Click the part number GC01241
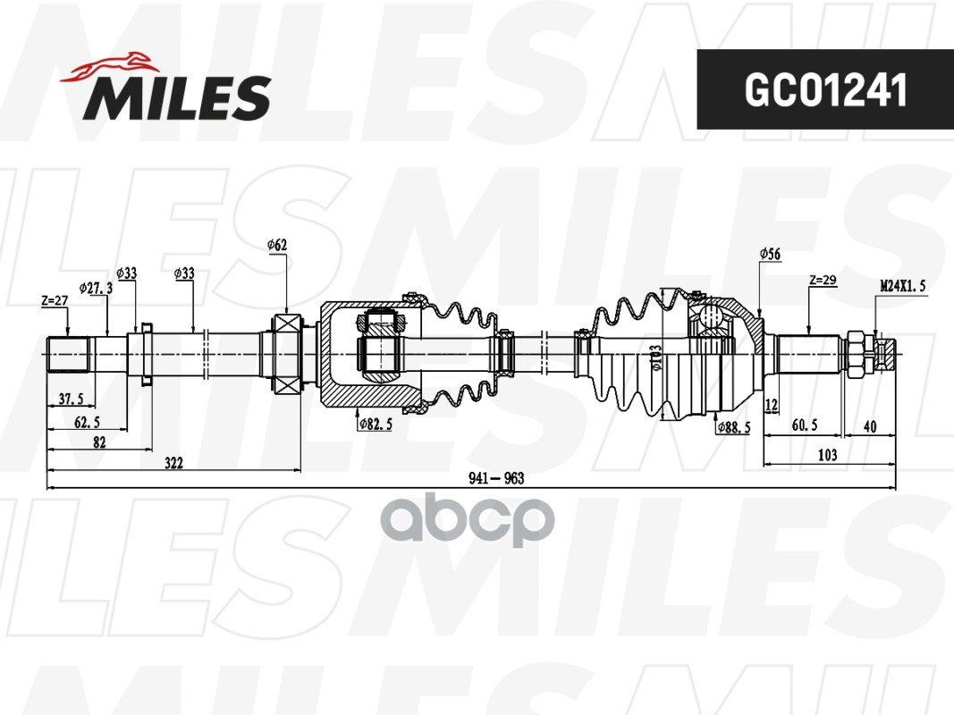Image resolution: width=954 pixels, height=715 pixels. [825, 89]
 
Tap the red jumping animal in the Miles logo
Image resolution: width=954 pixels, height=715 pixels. [108, 65]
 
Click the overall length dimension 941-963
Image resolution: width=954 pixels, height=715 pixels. [496, 478]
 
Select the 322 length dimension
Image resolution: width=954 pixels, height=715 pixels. [173, 463]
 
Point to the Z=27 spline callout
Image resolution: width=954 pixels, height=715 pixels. [55, 300]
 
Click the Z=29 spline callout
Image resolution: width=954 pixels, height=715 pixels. [823, 281]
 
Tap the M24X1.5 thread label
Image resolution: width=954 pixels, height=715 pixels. [903, 286]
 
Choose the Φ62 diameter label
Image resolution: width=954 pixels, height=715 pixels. [277, 245]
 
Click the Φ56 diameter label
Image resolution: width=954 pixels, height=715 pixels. [770, 254]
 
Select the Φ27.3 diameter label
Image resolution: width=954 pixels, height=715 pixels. [96, 288]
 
